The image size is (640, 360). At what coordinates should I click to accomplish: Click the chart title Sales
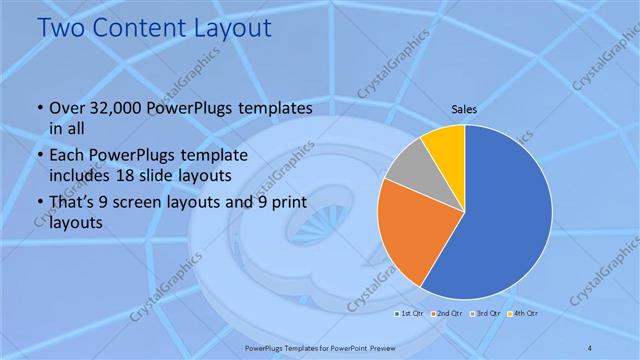(463, 108)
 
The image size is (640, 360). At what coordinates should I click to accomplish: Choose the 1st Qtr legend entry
(408, 314)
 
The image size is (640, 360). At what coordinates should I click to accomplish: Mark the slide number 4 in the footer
(590, 347)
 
